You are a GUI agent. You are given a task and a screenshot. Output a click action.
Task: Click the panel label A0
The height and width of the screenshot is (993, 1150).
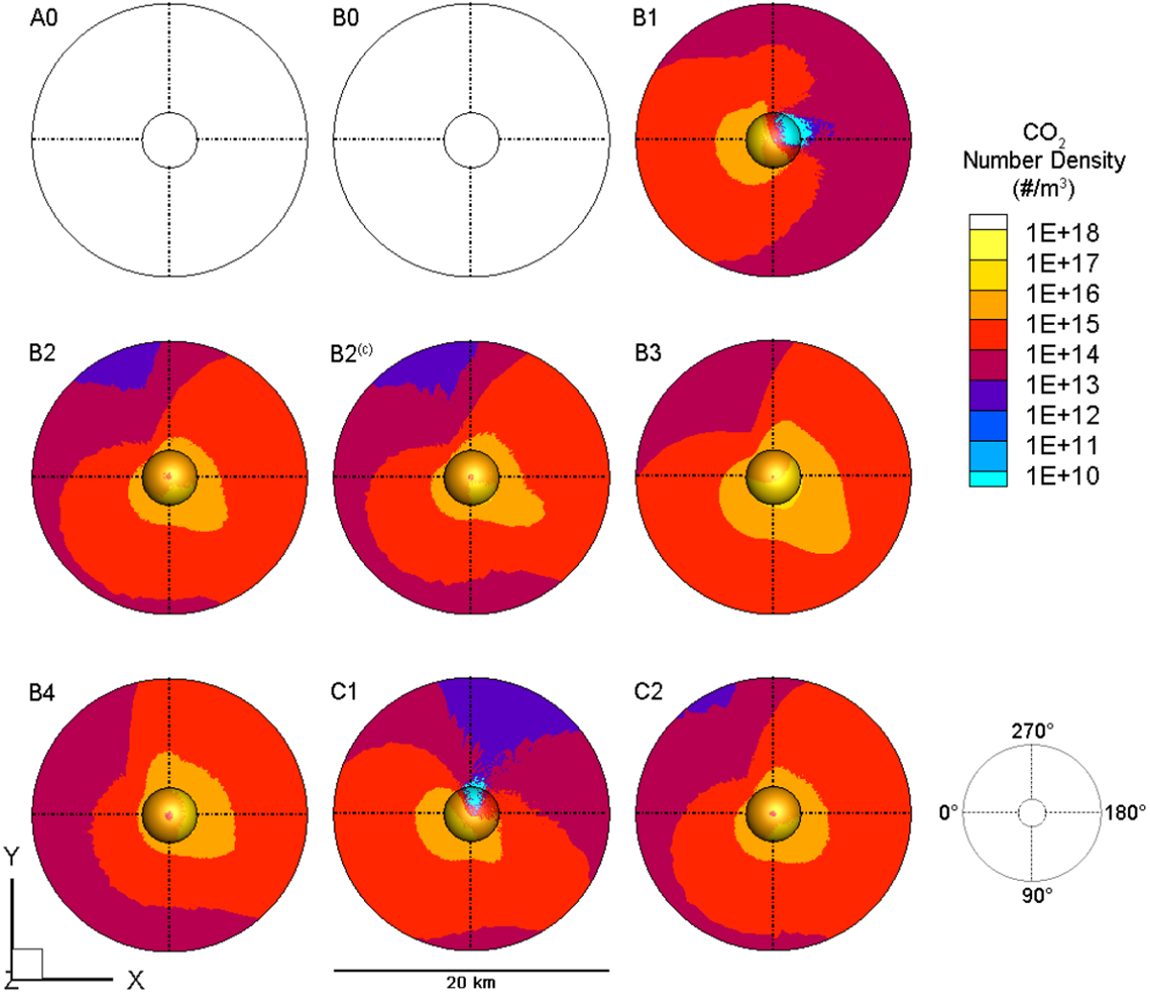(x=44, y=18)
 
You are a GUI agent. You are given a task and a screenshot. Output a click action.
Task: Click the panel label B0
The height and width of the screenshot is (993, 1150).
(x=346, y=18)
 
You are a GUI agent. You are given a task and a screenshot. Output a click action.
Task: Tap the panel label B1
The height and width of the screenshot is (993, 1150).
(x=645, y=18)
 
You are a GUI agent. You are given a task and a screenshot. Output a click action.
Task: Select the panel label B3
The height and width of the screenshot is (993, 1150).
(x=648, y=353)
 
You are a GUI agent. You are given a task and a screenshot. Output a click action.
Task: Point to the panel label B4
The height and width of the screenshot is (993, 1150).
(x=42, y=694)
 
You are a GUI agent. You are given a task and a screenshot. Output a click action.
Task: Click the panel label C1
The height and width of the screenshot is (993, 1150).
(x=344, y=691)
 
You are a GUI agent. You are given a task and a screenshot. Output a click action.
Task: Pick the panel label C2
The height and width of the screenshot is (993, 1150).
(x=648, y=691)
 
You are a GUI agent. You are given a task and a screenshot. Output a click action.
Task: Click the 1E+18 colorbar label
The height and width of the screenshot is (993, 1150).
(x=1062, y=233)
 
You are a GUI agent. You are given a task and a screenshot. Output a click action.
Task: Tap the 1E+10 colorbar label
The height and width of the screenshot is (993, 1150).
(x=1062, y=476)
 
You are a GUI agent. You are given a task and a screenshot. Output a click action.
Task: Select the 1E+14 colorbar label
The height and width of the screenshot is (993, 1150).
(x=1062, y=354)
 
